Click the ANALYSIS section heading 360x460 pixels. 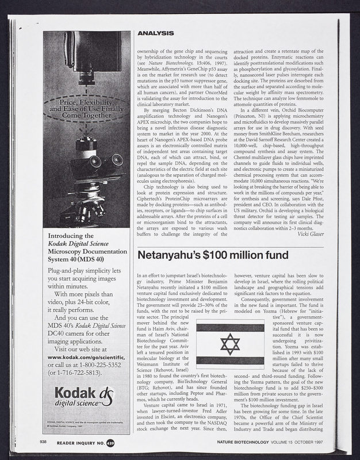click(x=156, y=34)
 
